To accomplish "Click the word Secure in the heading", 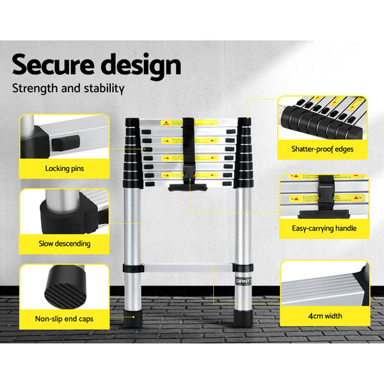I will (53, 65).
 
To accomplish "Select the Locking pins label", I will (63, 170).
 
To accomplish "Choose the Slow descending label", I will (63, 243).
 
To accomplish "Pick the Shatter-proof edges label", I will (323, 150).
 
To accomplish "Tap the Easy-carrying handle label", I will (323, 228).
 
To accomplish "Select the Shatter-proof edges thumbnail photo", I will (323, 118).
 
